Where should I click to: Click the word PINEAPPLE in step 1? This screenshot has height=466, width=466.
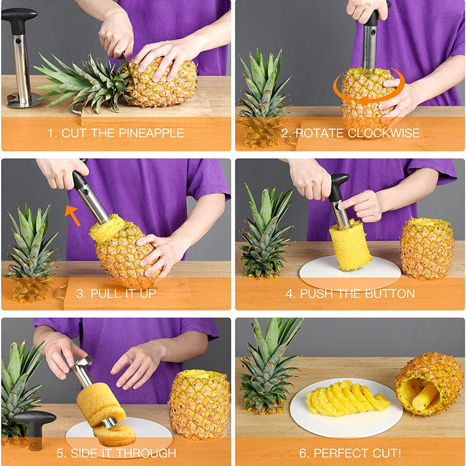pyautogui.click(x=151, y=133)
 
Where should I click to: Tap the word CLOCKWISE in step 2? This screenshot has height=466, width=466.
pyautogui.click(x=383, y=133)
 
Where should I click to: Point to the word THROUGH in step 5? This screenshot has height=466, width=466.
pyautogui.click(x=146, y=453)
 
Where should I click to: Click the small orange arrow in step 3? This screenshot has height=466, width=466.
pyautogui.click(x=72, y=215)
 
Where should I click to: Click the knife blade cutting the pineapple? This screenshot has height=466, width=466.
pyautogui.click(x=128, y=70)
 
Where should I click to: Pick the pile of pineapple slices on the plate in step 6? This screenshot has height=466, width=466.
pyautogui.click(x=346, y=397)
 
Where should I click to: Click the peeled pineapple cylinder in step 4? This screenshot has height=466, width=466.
pyautogui.click(x=350, y=245)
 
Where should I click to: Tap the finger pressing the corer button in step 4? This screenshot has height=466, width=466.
pyautogui.click(x=348, y=203)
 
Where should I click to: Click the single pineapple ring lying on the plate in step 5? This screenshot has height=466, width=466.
pyautogui.click(x=115, y=435)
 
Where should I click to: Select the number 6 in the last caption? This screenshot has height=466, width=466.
pyautogui.click(x=302, y=454)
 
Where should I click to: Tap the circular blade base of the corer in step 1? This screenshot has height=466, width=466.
pyautogui.click(x=23, y=100)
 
